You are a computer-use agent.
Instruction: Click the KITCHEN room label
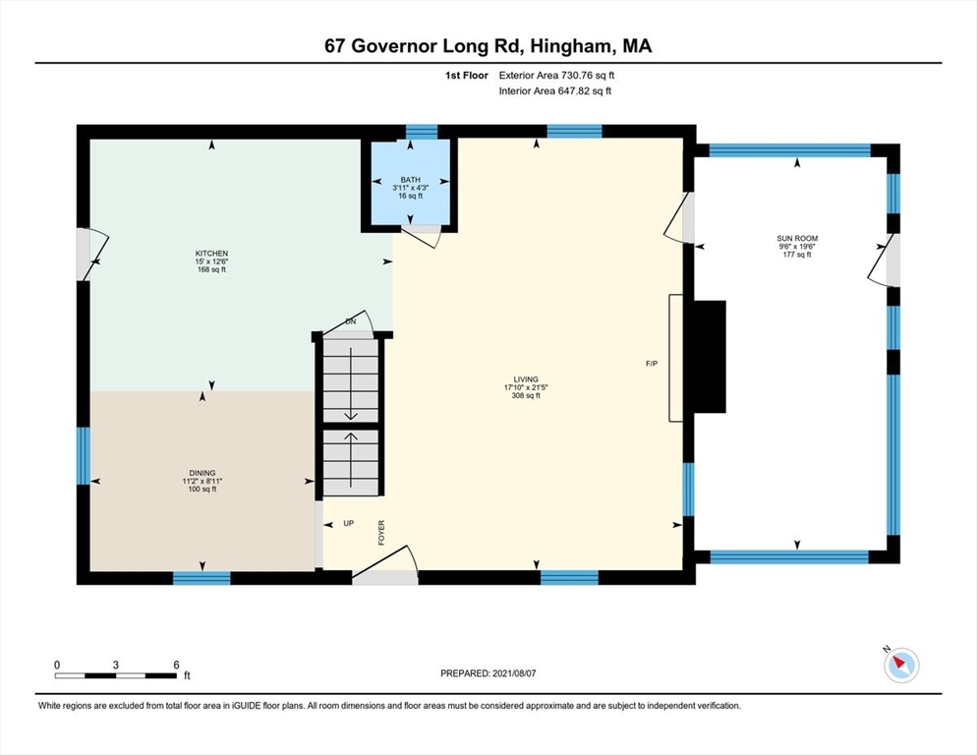[211, 254]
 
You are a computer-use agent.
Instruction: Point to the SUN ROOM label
[797, 239]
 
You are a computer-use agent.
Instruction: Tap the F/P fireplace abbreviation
[651, 365]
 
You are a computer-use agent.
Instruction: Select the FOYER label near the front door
[381, 532]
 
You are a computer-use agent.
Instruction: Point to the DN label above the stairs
[349, 321]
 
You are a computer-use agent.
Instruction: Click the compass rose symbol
[900, 666]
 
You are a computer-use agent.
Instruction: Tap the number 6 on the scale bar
[176, 665]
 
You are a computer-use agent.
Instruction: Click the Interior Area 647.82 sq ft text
[555, 91]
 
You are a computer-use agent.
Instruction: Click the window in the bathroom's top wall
[422, 132]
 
